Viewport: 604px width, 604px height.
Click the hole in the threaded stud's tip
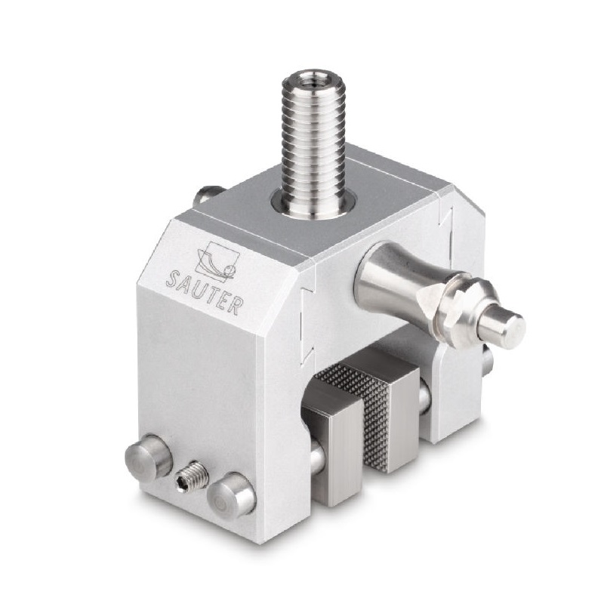click(308, 78)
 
